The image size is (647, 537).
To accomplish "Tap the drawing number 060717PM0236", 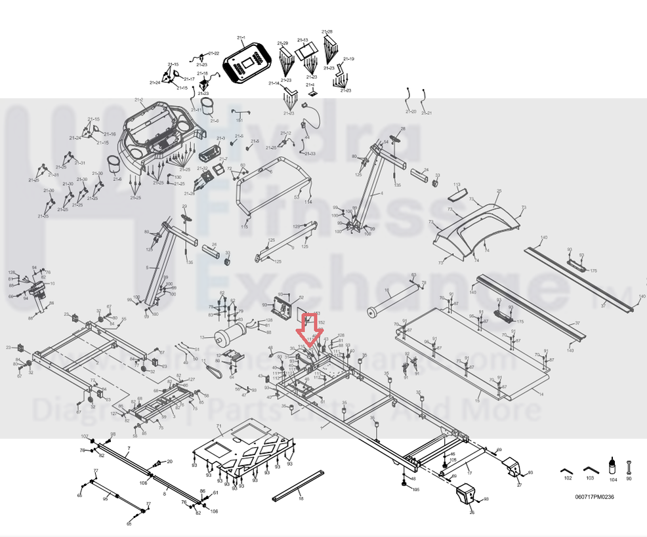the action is pyautogui.click(x=595, y=496).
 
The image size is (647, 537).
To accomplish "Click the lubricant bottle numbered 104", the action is pyautogui.click(x=613, y=467).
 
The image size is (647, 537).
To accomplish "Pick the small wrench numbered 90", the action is pyautogui.click(x=629, y=467).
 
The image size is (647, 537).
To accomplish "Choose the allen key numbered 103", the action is pyautogui.click(x=590, y=470).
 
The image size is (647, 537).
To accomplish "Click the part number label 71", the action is pyautogui.click(x=220, y=427).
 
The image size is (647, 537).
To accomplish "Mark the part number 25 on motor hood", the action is pyautogui.click(x=499, y=191).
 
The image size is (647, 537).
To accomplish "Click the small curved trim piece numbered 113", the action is pyautogui.click(x=458, y=194).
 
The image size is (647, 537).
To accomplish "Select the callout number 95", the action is pyautogui.click(x=106, y=499).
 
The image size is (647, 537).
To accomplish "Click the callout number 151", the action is pyautogui.click(x=240, y=120).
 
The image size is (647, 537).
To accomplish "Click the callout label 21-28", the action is pyautogui.click(x=327, y=31).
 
